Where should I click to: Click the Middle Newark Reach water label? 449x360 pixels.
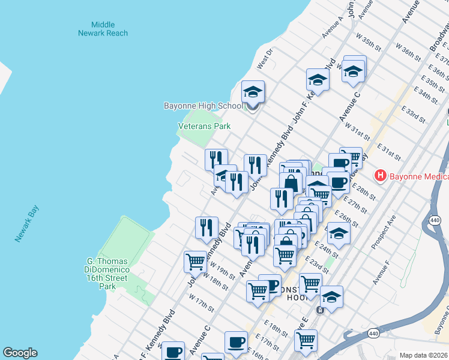[103, 29]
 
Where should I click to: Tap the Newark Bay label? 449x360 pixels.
[28, 224]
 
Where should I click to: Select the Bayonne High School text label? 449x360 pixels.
[203, 106]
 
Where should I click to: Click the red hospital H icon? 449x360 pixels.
[379, 176]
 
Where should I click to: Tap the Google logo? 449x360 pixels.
[20, 353]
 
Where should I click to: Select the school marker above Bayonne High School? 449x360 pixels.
[253, 92]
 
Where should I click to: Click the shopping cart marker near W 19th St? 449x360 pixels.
[195, 262]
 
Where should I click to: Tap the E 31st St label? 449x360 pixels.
[388, 152]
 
